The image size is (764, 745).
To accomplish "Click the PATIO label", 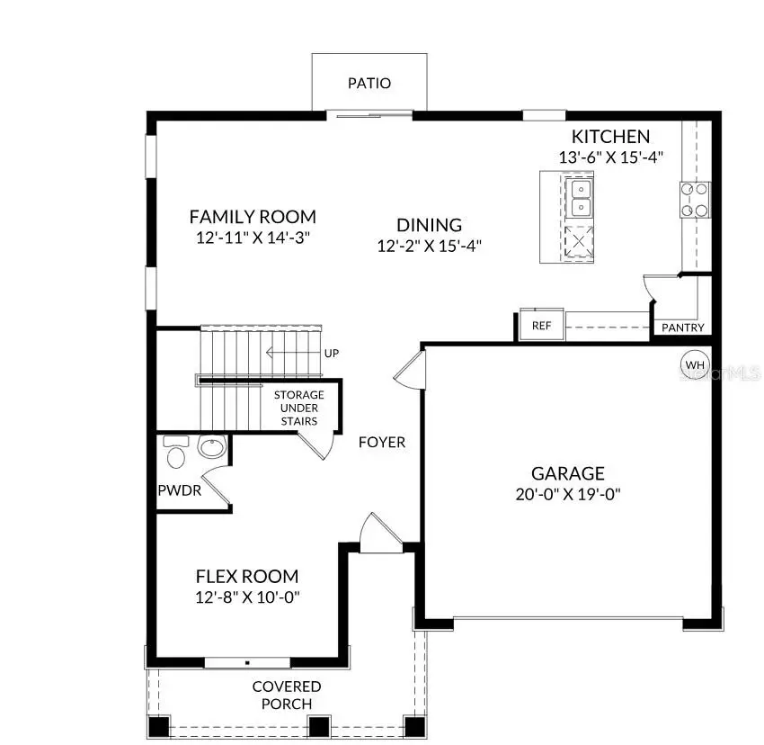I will coord(369,84).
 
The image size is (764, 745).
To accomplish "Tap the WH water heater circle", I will coord(694,364).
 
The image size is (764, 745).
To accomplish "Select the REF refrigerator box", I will coord(541,326).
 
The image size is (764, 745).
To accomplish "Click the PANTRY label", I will coord(683,328).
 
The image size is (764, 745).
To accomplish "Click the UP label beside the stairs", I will coord(332,353).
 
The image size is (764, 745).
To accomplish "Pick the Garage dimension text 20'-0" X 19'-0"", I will coord(567,494).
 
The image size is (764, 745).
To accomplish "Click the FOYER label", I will coord(382,442).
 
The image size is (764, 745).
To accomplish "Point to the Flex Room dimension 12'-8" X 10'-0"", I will coord(247,597).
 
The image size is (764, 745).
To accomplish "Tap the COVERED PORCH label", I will coord(286,695).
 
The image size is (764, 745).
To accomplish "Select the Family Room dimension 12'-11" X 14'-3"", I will coord(253,238).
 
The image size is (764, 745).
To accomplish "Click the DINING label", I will coord(430,225).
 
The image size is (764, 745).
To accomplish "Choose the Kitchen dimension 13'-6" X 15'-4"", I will coord(611,157).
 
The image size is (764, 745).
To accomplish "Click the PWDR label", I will coord(180,491).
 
